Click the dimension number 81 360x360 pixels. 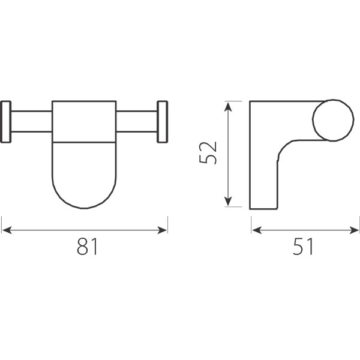[87, 247]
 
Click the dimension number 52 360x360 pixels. [208, 152]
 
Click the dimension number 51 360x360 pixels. [303, 247]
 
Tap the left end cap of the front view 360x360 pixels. [6, 122]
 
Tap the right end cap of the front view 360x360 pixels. [163, 122]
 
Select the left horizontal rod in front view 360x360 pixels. [31, 121]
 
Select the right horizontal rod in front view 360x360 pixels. [137, 121]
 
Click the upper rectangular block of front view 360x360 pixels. [84, 122]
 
